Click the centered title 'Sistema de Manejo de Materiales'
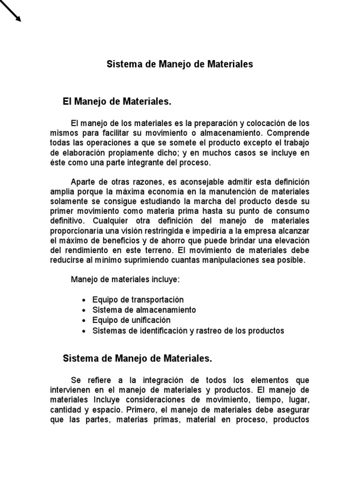pos(180,64)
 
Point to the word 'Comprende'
pos(291,133)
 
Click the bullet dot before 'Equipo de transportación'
pos(83,300)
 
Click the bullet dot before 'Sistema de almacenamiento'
pos(83,310)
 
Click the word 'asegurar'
pos(291,410)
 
